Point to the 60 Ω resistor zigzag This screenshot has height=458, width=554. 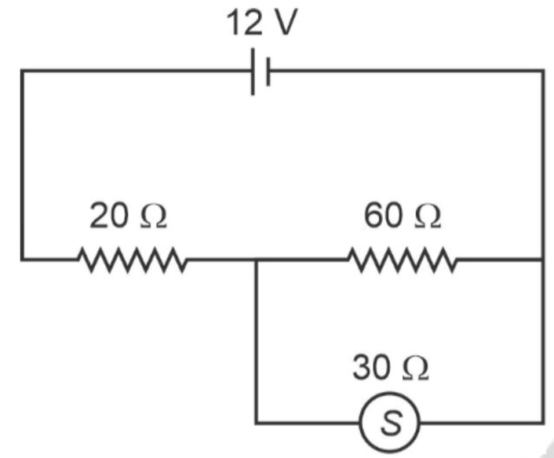[x=401, y=258]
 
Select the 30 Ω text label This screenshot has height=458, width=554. [x=391, y=369]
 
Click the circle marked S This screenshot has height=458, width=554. [x=390, y=424]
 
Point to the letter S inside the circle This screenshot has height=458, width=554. [x=390, y=424]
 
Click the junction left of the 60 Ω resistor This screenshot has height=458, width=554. [x=257, y=258]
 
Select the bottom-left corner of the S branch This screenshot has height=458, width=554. [x=257, y=424]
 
